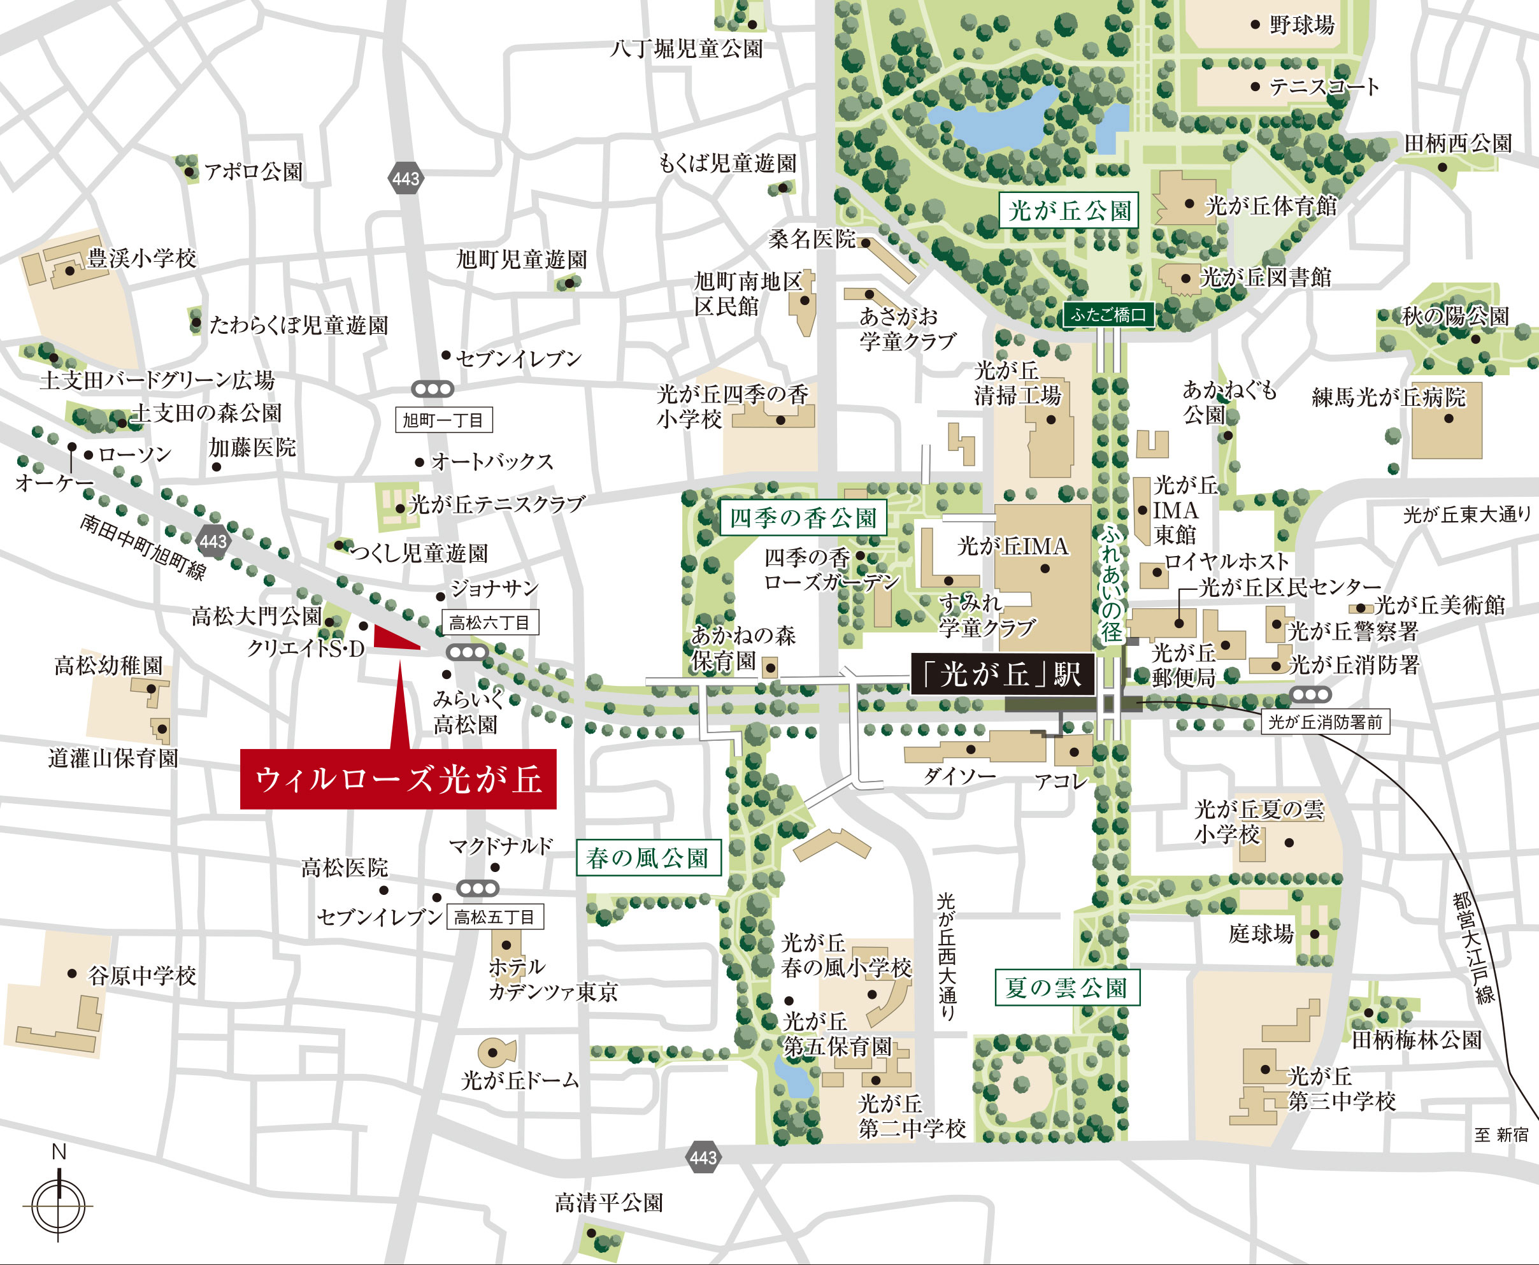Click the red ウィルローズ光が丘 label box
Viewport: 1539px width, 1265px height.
coord(398,778)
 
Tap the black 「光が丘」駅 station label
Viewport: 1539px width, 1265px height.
coord(1003,673)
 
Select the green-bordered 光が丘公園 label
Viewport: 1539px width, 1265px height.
coord(1068,211)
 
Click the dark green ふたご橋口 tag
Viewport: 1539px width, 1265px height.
coord(1108,315)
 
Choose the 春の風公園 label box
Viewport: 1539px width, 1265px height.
coord(648,857)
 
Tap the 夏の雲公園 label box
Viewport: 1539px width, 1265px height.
coord(1067,987)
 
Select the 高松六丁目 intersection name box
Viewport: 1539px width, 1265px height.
coord(490,623)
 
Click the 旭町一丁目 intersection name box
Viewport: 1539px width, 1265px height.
coord(443,420)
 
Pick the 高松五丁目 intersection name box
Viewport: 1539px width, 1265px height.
coord(495,917)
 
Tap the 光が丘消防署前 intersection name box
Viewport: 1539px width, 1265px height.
coord(1325,722)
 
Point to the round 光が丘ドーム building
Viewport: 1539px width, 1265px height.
coord(496,1052)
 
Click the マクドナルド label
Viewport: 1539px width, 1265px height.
coord(501,846)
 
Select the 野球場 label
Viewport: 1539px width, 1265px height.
coord(1302,25)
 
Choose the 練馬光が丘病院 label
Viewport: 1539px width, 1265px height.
coord(1388,397)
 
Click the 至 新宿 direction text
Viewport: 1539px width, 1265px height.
coord(1501,1134)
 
